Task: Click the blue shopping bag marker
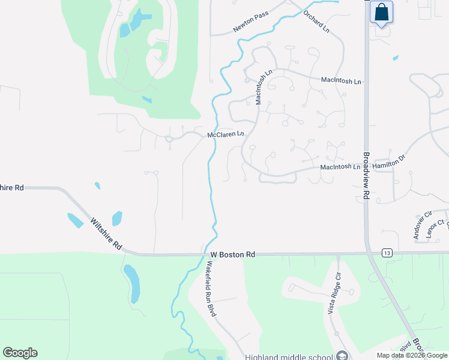tap(381, 13)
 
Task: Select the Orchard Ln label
tap(316, 21)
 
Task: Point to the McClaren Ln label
tap(226, 135)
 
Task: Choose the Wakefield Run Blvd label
tap(211, 289)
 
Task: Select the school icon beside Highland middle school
tap(342, 355)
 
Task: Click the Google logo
tap(20, 353)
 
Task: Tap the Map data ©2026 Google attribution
tap(412, 355)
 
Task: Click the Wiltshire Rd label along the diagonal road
tap(106, 234)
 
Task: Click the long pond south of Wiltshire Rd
tap(131, 283)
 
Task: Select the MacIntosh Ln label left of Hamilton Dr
tap(340, 167)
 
